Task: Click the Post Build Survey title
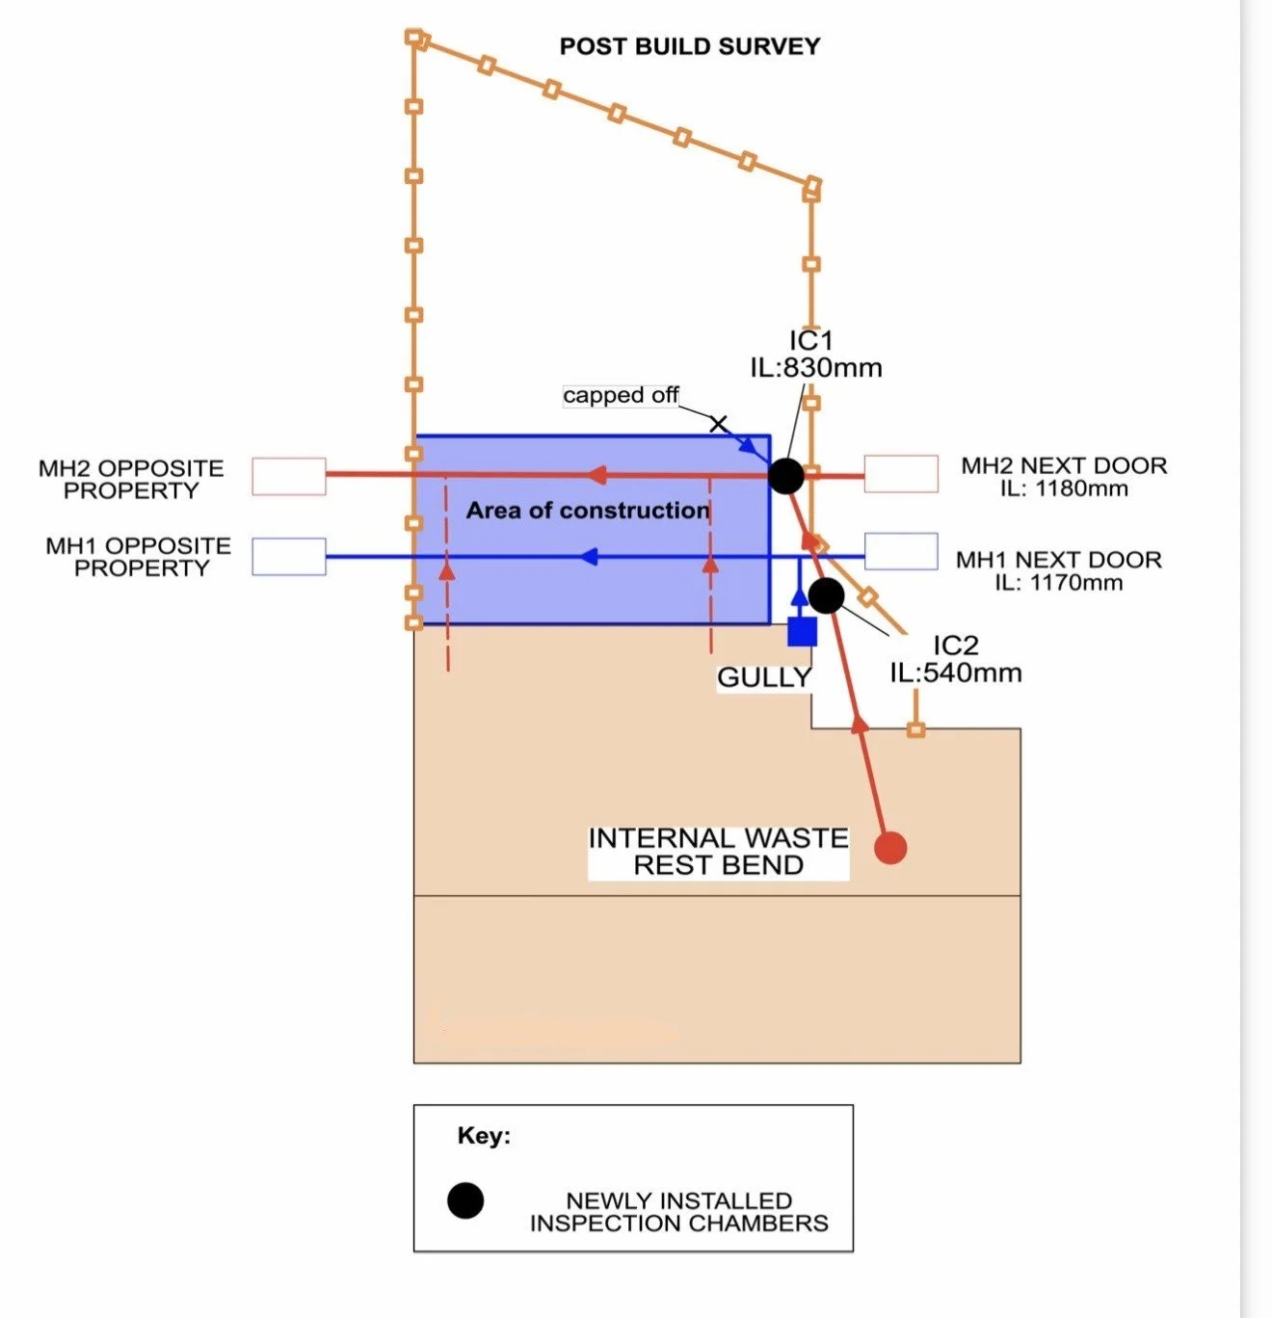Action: (690, 46)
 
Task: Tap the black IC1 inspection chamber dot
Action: (785, 475)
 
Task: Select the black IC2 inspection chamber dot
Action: (827, 595)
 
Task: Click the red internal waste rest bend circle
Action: (890, 847)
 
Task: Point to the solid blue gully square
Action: (802, 631)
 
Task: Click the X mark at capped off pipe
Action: (719, 424)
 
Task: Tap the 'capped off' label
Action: (621, 395)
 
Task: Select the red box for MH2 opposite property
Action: (289, 476)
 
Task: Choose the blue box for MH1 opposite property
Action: (289, 557)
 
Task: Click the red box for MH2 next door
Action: (902, 473)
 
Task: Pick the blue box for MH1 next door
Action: (902, 551)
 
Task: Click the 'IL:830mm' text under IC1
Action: (816, 368)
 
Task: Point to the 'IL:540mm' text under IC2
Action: (956, 672)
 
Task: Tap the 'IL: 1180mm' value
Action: (1064, 488)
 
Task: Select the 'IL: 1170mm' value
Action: (1059, 583)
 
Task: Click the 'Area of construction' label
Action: (587, 510)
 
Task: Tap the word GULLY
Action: (764, 677)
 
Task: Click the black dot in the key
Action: (465, 1200)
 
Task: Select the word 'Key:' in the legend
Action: (485, 1136)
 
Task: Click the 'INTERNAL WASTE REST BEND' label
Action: (718, 852)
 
